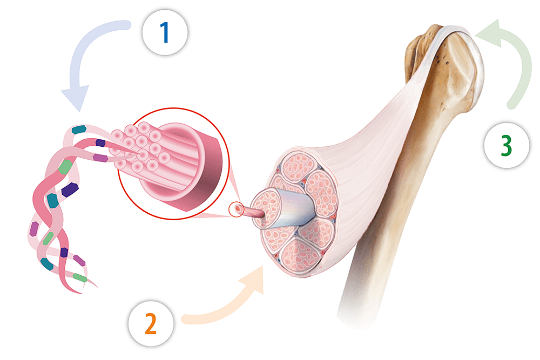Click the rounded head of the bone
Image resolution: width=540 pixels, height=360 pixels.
(x=459, y=65)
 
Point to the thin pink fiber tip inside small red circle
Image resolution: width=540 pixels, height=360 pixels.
(x=238, y=209)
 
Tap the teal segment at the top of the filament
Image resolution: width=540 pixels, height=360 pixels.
(x=79, y=130)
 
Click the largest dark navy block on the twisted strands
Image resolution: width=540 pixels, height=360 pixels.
(x=70, y=190)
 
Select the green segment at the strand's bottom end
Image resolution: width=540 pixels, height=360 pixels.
(x=79, y=277)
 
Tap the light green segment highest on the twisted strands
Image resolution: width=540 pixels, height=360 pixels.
(x=66, y=166)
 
